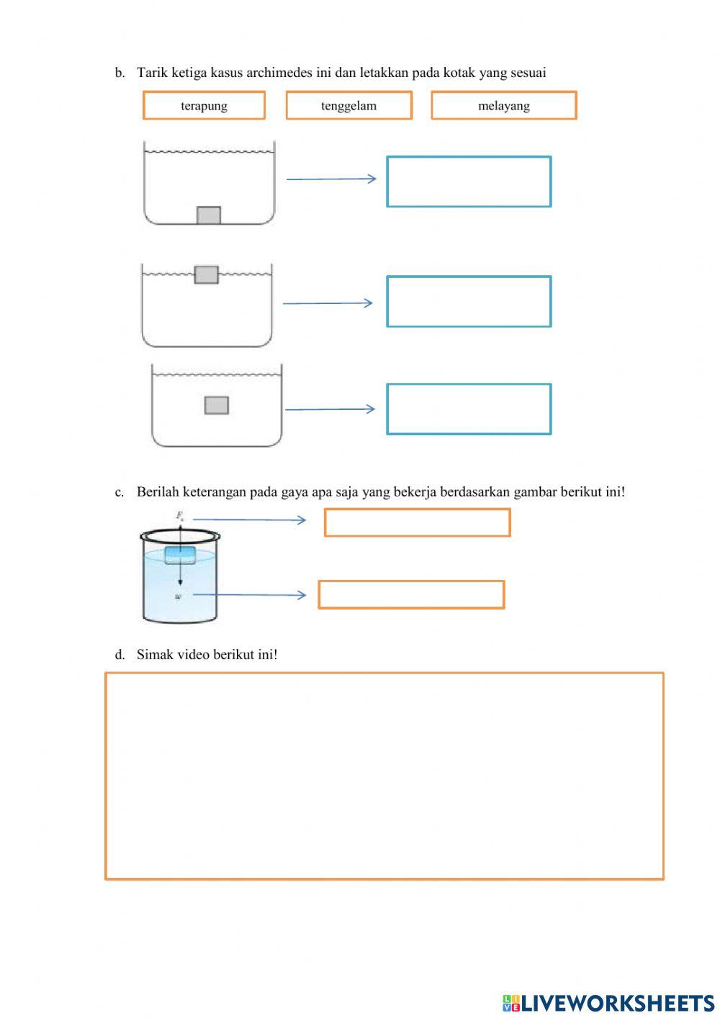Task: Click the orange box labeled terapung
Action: [204, 105]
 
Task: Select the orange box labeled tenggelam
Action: [348, 105]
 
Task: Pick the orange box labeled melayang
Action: [503, 105]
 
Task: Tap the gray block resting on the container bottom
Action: [209, 215]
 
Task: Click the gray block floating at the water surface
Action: [206, 274]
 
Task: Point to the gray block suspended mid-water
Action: [216, 405]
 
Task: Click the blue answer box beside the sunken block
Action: [469, 182]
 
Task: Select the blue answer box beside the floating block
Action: [469, 301]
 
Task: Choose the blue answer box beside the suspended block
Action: [469, 409]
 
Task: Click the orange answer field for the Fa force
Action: [417, 522]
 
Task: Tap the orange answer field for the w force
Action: [411, 594]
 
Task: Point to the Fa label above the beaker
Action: [180, 516]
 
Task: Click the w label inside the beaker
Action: [178, 597]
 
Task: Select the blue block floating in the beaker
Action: [180, 555]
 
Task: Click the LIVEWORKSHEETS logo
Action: [608, 1002]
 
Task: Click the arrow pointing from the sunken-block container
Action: [331, 179]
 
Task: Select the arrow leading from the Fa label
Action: [249, 519]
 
